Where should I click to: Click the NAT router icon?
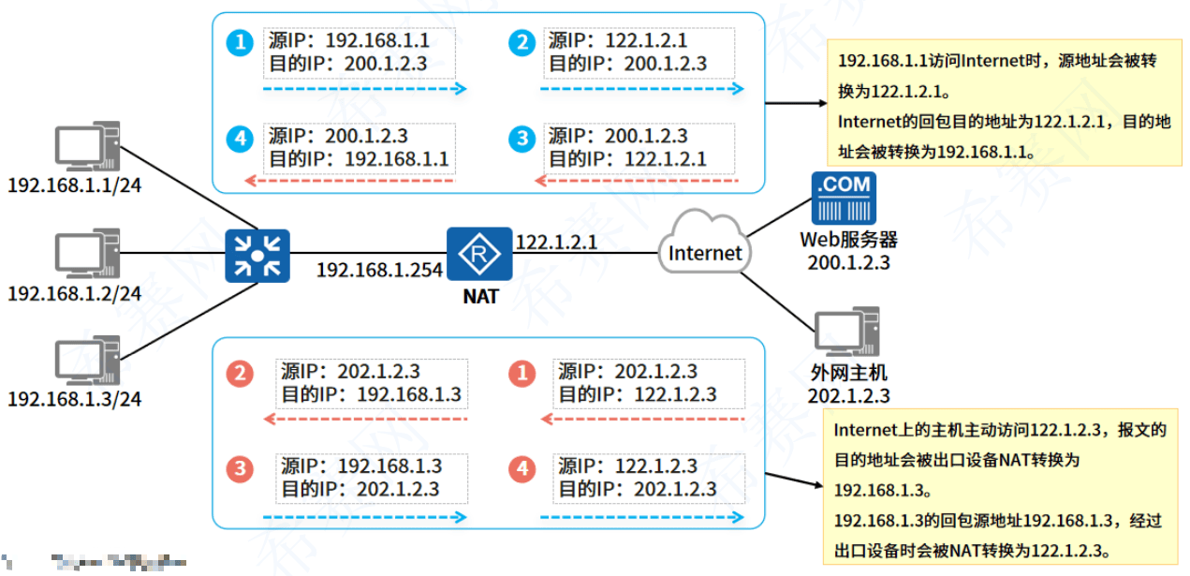click(x=479, y=253)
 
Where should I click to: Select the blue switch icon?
click(x=257, y=255)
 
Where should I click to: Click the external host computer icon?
click(x=848, y=332)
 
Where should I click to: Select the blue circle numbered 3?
click(x=521, y=140)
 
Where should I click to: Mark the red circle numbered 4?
click(x=521, y=467)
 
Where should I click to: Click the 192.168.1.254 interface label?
click(x=379, y=270)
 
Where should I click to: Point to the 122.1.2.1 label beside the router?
click(x=556, y=243)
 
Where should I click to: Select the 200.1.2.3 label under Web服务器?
click(x=848, y=262)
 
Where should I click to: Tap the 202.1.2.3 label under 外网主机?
click(x=848, y=396)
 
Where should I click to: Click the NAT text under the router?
click(x=480, y=297)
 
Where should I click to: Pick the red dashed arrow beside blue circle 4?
click(x=348, y=179)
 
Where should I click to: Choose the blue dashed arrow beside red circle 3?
click(x=364, y=516)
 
